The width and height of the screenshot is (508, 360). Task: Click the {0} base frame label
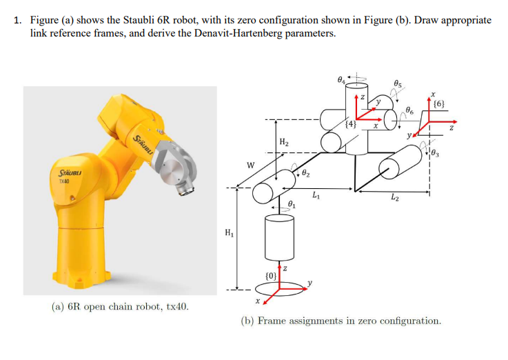[x=272, y=277]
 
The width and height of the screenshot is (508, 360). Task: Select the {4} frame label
[x=352, y=124]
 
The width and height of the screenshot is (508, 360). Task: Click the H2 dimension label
[x=283, y=142]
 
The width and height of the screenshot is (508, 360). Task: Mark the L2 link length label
[x=394, y=199]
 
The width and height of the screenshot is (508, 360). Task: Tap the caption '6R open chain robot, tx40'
[x=121, y=306]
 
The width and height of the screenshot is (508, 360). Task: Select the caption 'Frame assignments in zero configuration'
[x=340, y=321]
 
